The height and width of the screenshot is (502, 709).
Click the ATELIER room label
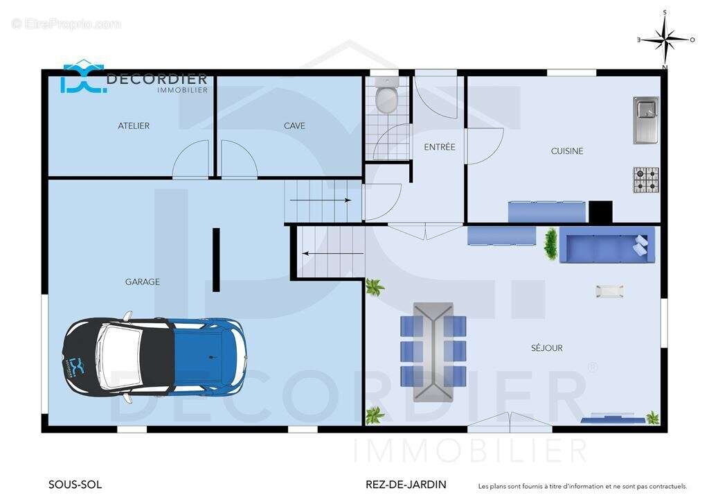point(134,125)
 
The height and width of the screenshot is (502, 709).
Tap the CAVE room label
point(294,125)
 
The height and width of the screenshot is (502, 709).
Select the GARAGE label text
point(143,282)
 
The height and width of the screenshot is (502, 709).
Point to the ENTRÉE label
point(440,147)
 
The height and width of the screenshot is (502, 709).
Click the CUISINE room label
point(567,150)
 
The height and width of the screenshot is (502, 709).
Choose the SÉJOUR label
point(547,347)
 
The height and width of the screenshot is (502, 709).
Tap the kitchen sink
point(646,120)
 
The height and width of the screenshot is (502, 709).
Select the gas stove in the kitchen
point(646,180)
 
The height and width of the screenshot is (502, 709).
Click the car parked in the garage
point(154,356)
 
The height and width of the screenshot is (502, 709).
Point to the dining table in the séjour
point(433,352)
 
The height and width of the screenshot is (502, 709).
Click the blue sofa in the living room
point(607,245)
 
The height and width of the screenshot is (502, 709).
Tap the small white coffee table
point(609,291)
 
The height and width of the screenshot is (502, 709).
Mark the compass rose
point(665,40)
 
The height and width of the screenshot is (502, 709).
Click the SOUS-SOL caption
point(75,485)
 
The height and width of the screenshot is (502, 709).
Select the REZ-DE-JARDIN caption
point(406,485)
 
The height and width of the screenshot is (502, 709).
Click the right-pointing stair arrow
point(321,200)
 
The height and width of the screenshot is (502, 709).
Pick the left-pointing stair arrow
point(333,254)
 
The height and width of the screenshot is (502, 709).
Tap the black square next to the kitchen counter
point(600,212)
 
